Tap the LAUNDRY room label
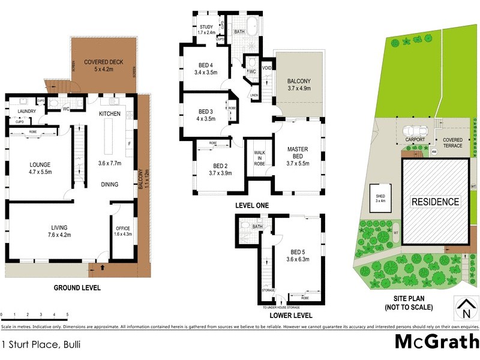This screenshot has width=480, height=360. tap(27, 112)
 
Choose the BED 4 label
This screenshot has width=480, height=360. tap(206, 69)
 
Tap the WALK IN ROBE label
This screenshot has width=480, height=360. tap(259, 158)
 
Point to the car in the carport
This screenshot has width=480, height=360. tap(415, 130)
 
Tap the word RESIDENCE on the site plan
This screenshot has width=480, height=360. tap(435, 202)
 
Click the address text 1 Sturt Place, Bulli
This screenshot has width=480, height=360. tap(41, 344)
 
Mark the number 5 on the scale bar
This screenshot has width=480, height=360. tap(67, 315)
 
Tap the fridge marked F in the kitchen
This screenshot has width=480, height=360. tap(129, 144)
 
